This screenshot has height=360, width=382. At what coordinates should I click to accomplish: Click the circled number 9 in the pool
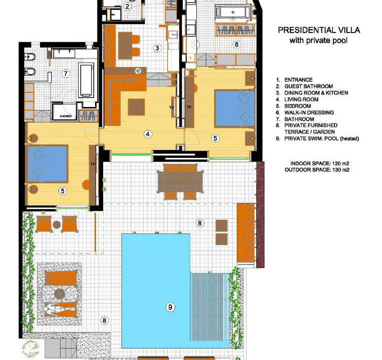tap(170, 307)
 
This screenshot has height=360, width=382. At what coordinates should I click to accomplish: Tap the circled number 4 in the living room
tap(148, 134)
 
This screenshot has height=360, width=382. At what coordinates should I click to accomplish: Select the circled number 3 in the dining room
tap(157, 48)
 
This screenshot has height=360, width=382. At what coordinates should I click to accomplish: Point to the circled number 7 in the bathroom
tap(66, 73)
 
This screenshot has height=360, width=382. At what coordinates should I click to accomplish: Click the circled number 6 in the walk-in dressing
tap(236, 44)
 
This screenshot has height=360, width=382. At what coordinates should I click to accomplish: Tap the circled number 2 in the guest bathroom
tap(127, 6)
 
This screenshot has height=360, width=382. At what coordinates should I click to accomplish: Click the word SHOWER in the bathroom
tap(66, 116)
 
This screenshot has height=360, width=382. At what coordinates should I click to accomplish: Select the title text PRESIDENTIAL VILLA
tap(319, 30)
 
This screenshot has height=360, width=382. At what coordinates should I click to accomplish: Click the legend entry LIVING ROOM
tap(301, 99)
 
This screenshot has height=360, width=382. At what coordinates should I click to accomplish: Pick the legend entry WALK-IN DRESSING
tap(309, 112)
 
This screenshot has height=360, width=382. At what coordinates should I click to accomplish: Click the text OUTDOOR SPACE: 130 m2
tap(317, 170)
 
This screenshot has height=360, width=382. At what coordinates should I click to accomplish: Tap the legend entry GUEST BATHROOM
tap(308, 86)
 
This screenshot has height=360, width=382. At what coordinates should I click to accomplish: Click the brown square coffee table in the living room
tap(136, 107)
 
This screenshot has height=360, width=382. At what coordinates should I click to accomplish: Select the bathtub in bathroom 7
tap(86, 80)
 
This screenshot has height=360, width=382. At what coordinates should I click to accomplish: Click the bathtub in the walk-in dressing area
tap(233, 11)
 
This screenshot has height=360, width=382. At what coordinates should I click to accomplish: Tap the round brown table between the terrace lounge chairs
tap(57, 225)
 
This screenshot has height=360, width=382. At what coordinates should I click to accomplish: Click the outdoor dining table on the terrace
tap(180, 181)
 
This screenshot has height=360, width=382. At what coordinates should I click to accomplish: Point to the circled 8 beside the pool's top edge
tap(200, 223)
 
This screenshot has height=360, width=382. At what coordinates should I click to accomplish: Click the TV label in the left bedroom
tap(93, 164)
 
